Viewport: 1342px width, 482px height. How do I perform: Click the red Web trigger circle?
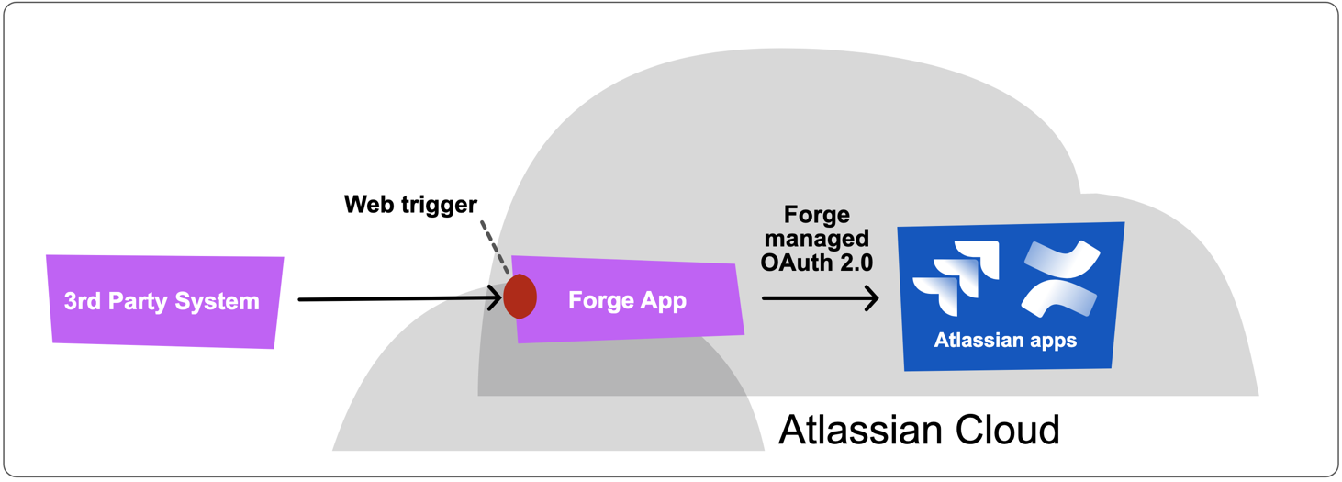[520, 297]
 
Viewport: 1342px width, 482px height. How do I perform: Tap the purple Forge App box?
[628, 300]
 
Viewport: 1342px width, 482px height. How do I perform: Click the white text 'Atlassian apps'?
[1005, 341]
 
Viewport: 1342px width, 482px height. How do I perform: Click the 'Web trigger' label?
[410, 204]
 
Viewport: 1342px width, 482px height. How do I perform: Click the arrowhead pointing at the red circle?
[494, 298]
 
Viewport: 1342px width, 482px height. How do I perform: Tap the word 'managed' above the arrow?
[816, 239]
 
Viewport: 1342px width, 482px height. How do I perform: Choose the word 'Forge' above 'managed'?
[816, 216]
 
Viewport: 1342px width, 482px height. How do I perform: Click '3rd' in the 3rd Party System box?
[83, 301]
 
